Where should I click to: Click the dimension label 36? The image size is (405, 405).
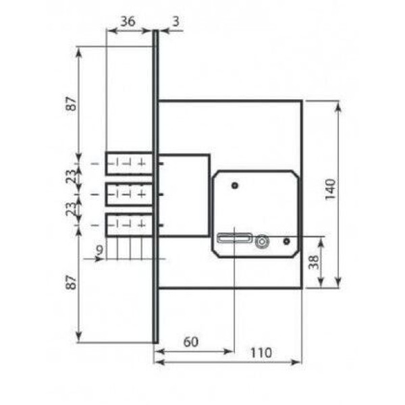(128, 21)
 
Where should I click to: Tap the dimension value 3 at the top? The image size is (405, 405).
(175, 21)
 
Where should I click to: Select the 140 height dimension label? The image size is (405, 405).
(330, 189)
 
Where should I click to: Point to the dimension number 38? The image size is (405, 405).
(315, 262)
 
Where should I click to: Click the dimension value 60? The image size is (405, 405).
(191, 342)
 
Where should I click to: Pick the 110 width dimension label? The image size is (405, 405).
(261, 353)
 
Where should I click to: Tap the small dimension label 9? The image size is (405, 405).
(99, 250)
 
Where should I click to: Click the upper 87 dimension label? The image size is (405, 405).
(72, 103)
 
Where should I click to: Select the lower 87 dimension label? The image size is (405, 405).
(72, 282)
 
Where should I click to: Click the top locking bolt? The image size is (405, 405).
(130, 163)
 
